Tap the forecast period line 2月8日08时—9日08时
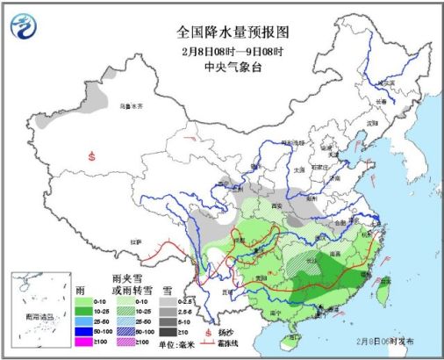pos(222,49)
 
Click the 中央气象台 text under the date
pos(222,64)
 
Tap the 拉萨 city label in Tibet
pos(135,241)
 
